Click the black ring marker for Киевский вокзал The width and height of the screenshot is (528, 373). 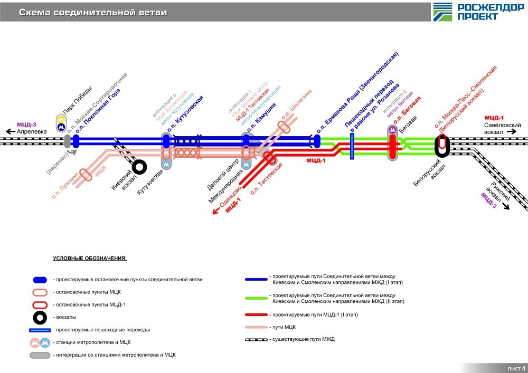click(139, 167)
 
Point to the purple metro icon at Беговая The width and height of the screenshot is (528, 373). click(392, 130)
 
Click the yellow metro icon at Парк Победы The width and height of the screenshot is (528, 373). click(61, 119)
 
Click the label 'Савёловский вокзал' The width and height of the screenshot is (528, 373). click(503, 128)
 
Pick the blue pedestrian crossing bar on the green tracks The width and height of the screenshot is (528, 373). click(352, 146)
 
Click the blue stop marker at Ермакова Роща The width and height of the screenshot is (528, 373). click(317, 141)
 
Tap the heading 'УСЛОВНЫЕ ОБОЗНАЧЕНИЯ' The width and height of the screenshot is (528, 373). click(90, 259)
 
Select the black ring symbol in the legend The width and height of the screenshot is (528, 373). click(40, 317)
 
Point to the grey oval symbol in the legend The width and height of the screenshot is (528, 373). click(40, 355)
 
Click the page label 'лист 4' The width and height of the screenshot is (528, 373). click(516, 367)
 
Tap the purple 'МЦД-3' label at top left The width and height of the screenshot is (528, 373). click(26, 125)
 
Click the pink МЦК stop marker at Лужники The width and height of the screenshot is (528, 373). click(86, 175)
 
